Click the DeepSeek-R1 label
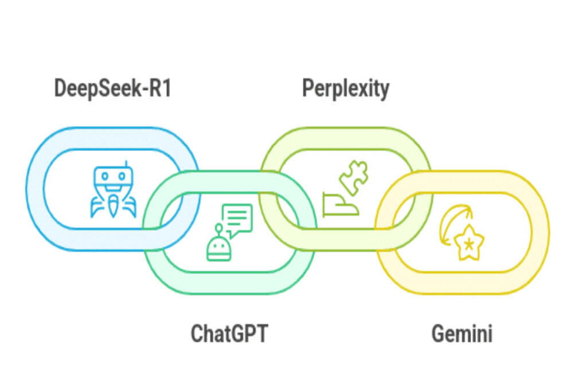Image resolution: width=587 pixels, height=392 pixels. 112,89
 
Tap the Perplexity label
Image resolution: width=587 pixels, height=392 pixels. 346,89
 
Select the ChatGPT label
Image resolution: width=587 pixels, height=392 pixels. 229,333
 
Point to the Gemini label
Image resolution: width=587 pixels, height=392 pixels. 462,333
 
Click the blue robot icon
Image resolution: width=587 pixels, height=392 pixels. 113,193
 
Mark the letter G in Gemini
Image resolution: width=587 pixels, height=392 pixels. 439,333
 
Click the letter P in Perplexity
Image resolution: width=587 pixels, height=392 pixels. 308,89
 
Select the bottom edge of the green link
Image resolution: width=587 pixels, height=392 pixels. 229,285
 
